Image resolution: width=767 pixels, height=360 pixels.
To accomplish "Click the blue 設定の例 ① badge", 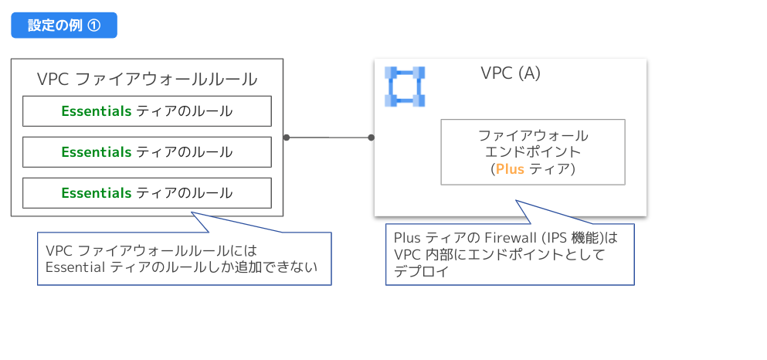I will [64, 25].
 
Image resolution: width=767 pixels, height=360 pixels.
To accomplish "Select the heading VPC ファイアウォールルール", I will [147, 80].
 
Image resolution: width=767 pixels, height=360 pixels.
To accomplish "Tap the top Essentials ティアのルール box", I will [147, 111].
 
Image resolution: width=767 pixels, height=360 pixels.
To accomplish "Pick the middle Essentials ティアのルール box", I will [147, 152].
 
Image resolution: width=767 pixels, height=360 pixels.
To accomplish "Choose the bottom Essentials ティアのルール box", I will [147, 193].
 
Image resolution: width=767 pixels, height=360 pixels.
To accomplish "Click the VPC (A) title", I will [511, 73].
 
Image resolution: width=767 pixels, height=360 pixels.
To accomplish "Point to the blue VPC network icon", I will [406, 87].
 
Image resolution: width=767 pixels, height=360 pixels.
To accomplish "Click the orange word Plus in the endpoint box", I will [510, 168].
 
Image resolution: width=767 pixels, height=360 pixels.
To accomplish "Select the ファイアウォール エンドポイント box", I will [533, 151].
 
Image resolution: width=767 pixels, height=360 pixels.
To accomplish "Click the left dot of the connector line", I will [287, 138].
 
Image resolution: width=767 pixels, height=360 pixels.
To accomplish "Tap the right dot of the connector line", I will [371, 138].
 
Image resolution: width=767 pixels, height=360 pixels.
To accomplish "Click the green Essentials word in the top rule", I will [97, 111].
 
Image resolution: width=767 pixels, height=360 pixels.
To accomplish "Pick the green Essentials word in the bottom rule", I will [97, 193].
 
